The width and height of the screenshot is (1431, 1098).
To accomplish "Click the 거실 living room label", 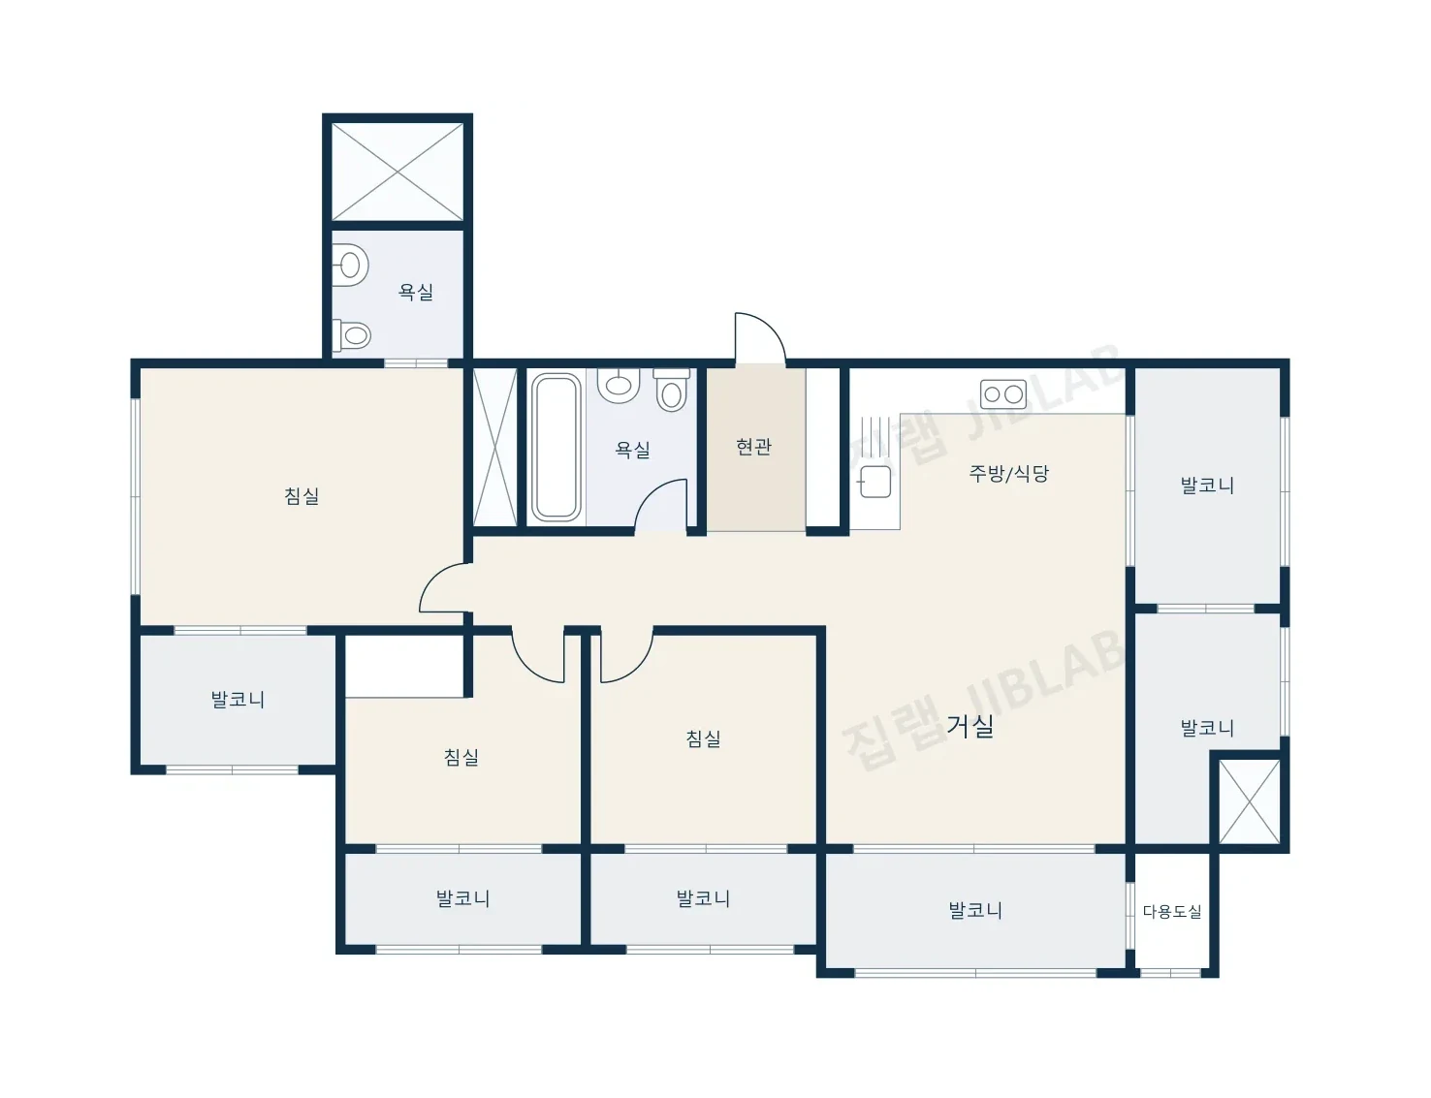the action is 970,726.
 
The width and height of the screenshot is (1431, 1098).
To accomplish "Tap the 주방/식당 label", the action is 1008,473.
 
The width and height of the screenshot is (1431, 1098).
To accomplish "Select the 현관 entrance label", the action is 753,447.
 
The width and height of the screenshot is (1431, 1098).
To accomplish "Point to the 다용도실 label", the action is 1171,912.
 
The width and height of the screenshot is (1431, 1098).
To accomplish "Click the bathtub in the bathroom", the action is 556,448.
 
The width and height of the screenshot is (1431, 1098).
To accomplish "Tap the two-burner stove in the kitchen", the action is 1002,393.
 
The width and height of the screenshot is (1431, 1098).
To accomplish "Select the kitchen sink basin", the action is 875,482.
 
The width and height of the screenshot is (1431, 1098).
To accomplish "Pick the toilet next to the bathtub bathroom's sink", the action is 671,391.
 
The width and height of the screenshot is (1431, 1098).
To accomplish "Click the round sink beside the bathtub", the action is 619,385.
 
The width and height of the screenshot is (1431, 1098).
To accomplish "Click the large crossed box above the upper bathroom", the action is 397,172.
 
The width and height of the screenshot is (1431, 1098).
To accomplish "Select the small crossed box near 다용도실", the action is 1250,801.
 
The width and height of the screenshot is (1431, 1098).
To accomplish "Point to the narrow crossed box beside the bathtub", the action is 495,447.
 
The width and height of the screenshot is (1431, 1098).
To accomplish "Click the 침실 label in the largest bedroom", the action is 302,495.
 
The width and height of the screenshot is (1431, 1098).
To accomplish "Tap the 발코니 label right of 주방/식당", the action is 1206,486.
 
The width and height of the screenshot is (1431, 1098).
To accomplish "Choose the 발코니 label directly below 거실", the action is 974,910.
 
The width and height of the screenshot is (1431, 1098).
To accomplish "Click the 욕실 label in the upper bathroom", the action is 416,292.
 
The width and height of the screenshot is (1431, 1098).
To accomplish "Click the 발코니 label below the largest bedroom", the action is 238,699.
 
